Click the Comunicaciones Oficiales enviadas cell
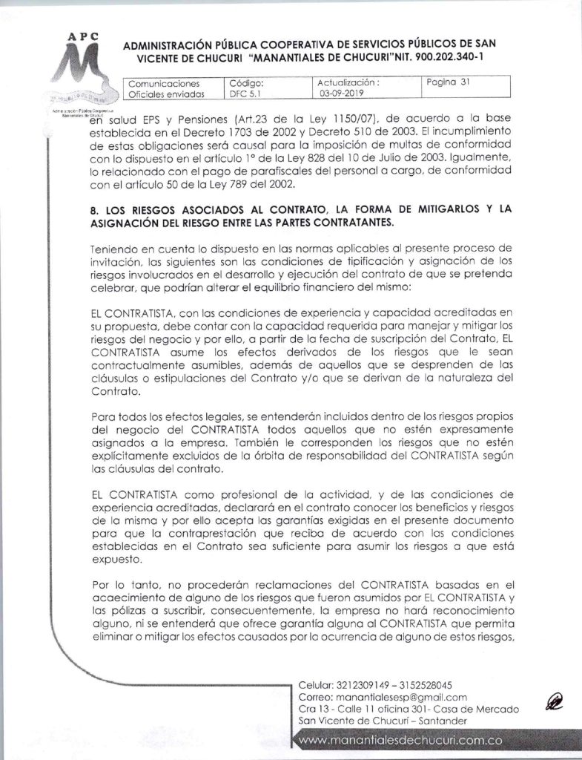click(165, 89)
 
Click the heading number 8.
click(92, 209)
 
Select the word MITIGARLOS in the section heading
click(428, 209)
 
